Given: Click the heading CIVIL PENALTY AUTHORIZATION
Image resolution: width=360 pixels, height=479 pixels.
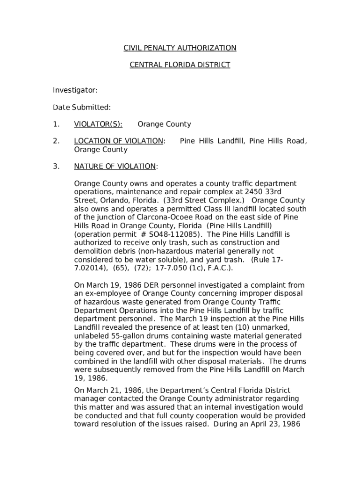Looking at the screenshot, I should click(x=180, y=48).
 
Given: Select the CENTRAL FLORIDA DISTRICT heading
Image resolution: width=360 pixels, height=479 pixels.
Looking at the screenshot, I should click(x=180, y=65).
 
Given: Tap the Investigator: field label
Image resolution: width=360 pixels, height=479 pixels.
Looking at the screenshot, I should click(x=75, y=90).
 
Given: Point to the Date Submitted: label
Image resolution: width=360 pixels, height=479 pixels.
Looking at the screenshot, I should click(x=82, y=107).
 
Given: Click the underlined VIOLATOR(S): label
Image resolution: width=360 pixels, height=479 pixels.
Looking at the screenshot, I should click(x=98, y=124).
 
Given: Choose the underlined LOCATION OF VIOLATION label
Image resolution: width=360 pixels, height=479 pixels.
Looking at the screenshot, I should click(x=118, y=141).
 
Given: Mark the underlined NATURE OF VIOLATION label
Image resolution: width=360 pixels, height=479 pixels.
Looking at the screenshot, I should click(x=115, y=167).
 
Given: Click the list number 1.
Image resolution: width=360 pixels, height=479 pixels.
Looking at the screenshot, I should click(x=56, y=124).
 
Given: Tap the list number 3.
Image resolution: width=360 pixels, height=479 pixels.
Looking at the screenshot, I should click(x=56, y=167).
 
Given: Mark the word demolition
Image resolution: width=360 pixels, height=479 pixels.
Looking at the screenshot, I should click(x=92, y=251).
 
